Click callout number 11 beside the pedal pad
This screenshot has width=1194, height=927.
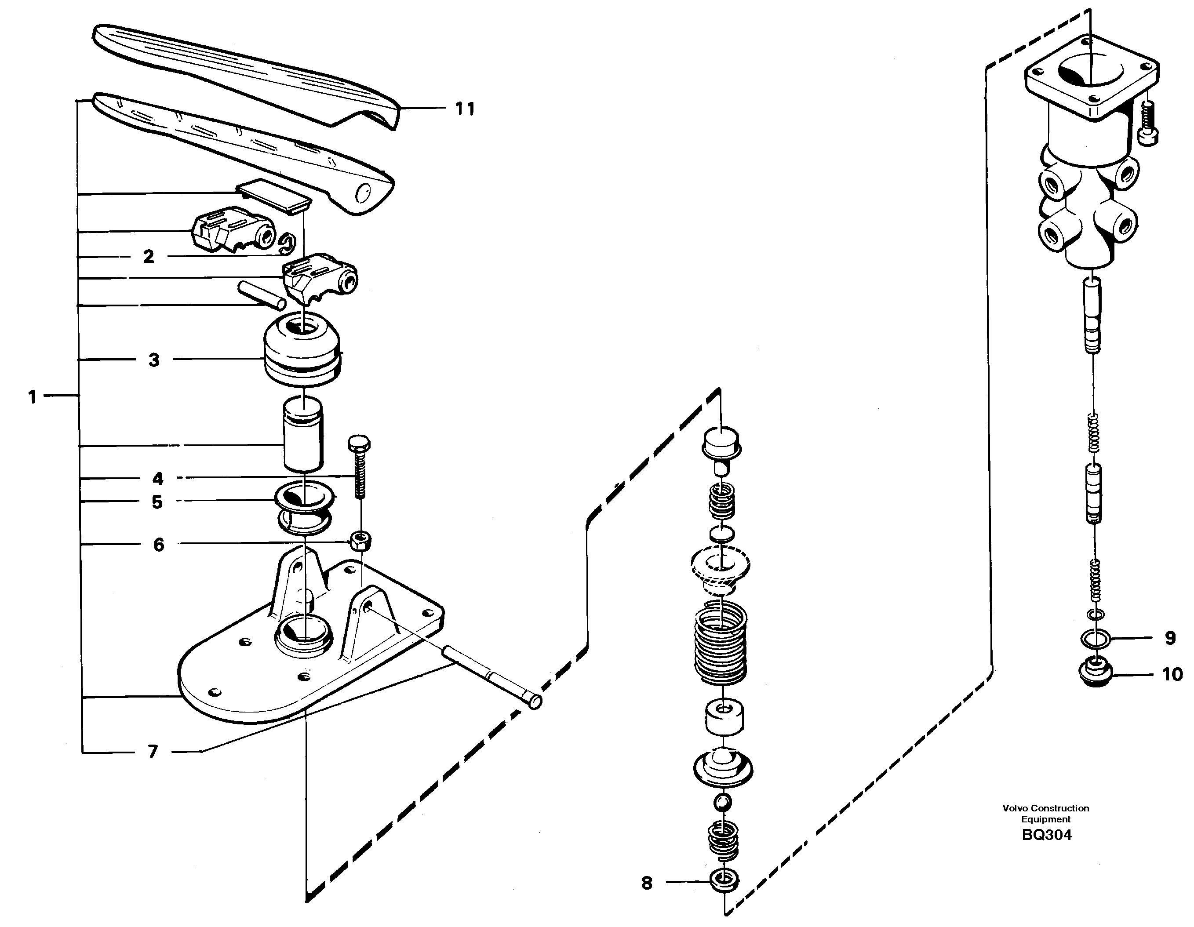point(465,109)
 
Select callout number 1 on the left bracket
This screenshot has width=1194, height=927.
point(32,397)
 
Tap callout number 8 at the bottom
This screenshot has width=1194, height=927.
point(647,883)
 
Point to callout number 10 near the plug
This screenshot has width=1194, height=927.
point(1172,674)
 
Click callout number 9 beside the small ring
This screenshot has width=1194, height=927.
point(1169,638)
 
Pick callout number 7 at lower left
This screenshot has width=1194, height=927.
point(153,752)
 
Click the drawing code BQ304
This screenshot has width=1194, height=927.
point(1046,835)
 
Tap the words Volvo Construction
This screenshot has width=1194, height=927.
point(1045,808)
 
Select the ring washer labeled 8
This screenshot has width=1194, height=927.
point(723,880)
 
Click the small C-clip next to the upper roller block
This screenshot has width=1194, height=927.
point(287,244)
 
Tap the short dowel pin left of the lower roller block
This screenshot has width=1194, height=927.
point(261,294)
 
